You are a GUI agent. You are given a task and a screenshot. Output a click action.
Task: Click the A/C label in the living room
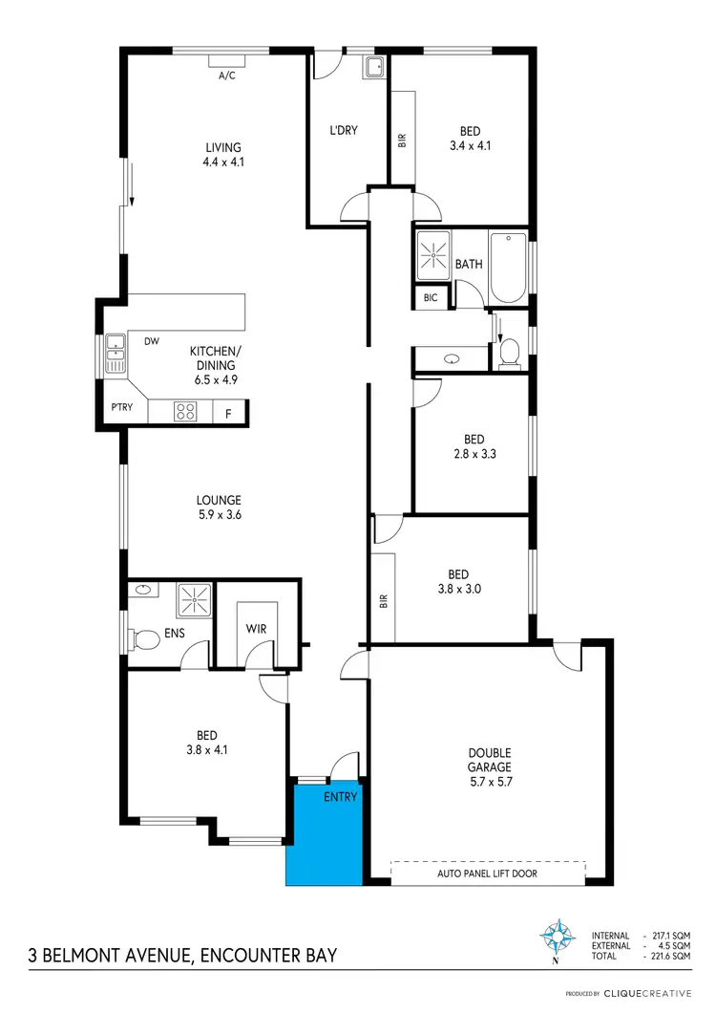[227, 75]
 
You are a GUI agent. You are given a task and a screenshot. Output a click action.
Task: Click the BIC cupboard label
[430, 298]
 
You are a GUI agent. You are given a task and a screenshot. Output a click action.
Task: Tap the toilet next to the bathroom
[509, 353]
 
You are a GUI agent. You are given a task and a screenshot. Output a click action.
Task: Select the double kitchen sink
[116, 354]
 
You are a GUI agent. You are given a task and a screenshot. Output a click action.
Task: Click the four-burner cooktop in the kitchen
[186, 413]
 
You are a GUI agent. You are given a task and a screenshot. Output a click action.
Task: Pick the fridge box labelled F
[228, 414]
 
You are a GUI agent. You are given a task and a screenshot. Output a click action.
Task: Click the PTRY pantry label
[121, 407]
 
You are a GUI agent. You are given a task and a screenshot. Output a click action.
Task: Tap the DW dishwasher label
[151, 340]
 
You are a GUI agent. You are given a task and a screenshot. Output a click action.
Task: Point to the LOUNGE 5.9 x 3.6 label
[219, 507]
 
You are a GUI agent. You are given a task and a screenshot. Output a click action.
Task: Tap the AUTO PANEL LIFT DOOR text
[487, 874]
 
